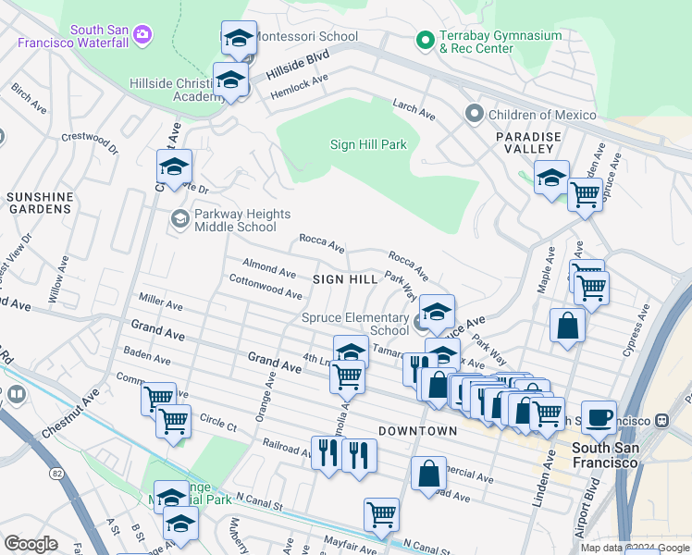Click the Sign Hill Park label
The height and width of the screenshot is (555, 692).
tap(368, 144)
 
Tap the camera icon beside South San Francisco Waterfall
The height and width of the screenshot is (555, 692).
tap(142, 35)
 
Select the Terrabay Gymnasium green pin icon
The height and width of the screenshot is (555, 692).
tap(425, 39)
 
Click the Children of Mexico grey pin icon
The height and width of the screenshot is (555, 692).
tap(475, 114)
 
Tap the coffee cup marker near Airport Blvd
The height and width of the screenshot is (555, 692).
tap(599, 416)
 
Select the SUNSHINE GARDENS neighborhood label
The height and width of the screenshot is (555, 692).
tap(40, 203)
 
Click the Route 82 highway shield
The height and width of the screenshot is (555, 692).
tap(57, 474)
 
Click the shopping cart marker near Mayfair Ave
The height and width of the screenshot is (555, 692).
tap(381, 513)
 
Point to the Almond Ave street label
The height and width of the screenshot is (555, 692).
tap(269, 268)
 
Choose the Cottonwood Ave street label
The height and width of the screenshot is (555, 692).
tap(266, 287)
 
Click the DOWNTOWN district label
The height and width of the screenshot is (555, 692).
tap(417, 431)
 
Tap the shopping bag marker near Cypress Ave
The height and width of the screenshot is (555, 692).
tap(567, 326)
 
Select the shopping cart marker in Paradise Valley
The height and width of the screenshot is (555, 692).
tap(585, 195)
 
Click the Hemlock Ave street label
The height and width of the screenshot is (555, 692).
tap(300, 87)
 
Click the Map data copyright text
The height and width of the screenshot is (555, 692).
tap(636, 548)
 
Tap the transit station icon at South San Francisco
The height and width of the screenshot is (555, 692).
tap(661, 420)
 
